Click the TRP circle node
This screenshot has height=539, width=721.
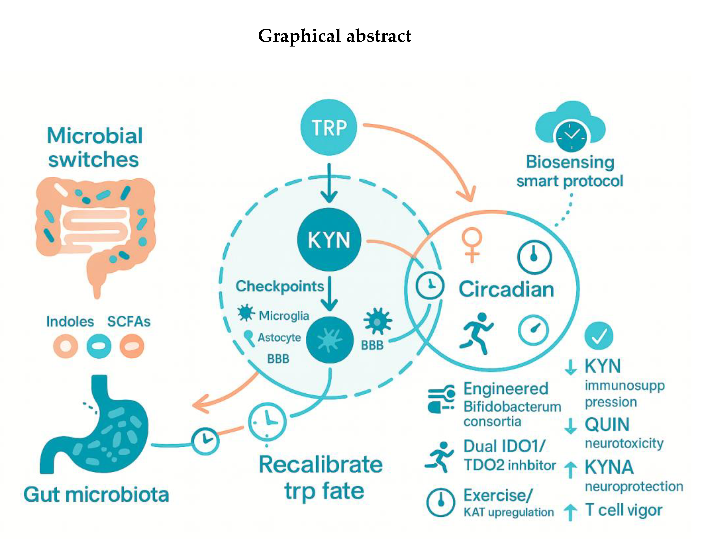329,127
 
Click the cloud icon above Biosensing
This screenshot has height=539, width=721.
570,125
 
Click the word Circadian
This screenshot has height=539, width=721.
506,289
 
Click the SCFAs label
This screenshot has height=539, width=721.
129,322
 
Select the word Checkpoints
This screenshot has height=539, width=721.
280,286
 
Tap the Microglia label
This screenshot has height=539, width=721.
284,315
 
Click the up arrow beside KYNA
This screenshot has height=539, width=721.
570,469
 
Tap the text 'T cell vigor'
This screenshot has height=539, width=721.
623,510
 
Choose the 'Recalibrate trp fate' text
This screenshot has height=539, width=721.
321,477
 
